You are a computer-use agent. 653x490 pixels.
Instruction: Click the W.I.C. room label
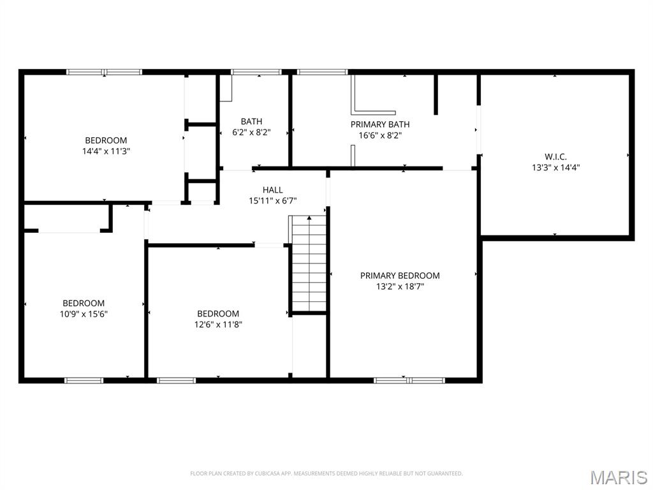[x=555, y=156]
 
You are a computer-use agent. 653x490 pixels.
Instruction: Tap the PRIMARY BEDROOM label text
[x=400, y=276]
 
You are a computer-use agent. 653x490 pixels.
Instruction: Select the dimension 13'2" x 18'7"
[x=400, y=286]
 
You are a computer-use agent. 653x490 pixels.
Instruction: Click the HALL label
[x=272, y=189]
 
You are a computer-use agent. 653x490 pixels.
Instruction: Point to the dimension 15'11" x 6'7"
[x=272, y=200]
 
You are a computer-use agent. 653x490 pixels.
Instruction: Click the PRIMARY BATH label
[x=380, y=124]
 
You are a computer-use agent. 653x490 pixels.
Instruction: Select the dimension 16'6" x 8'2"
[x=380, y=135]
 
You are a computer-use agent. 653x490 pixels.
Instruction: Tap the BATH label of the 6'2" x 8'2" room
[x=251, y=121]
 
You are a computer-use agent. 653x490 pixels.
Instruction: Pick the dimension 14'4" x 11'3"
[x=106, y=151]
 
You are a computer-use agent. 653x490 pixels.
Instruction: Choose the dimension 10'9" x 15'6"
[x=84, y=314]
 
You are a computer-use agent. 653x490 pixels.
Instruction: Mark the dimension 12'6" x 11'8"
[x=218, y=324]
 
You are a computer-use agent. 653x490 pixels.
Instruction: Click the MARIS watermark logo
[x=618, y=477]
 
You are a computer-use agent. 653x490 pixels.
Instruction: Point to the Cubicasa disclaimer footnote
[x=326, y=473]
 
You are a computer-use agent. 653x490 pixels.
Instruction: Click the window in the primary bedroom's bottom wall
[x=409, y=380]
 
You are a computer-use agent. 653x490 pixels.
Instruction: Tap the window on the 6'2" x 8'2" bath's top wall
[x=256, y=72]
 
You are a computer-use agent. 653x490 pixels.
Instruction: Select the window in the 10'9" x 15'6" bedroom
[x=84, y=380]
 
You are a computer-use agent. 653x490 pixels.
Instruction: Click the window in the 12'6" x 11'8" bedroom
[x=176, y=380]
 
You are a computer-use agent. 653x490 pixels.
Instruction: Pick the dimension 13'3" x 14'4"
[x=555, y=168]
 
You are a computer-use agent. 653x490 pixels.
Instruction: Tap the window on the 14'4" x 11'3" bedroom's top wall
[x=105, y=72]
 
